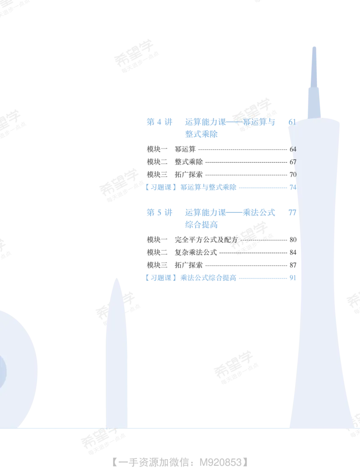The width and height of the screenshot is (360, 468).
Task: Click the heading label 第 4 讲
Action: pos(159,122)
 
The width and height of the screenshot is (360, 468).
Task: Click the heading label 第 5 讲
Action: pos(159,212)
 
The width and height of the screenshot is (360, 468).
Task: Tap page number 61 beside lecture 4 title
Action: pos(292,122)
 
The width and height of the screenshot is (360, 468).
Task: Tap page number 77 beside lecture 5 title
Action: pos(292,212)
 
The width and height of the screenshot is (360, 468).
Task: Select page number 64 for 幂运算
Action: pos(293,149)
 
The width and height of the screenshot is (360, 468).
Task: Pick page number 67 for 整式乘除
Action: pos(293,162)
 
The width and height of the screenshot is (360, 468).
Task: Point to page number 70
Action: pos(293,175)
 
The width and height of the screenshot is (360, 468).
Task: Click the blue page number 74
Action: pos(293,188)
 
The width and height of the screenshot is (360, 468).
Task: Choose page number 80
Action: pos(293,240)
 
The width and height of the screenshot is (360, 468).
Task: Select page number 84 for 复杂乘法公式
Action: pos(293,252)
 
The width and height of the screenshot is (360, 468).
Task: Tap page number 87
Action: pos(293,265)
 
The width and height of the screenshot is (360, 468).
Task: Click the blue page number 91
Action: pos(293,278)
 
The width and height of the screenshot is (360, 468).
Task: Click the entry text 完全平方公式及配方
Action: pos(206,240)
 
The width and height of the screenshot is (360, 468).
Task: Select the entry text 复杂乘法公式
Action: pos(196,252)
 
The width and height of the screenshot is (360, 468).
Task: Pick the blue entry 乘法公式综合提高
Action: pos(208,278)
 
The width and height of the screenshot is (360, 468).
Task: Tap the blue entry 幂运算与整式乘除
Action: pos(208,188)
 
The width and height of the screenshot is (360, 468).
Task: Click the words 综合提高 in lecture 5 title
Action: pos(202,225)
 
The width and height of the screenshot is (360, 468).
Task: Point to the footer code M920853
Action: pos(220,462)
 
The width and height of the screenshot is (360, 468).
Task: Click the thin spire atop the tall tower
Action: pos(314,67)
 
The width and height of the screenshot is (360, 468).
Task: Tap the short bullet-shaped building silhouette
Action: pos(117,354)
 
